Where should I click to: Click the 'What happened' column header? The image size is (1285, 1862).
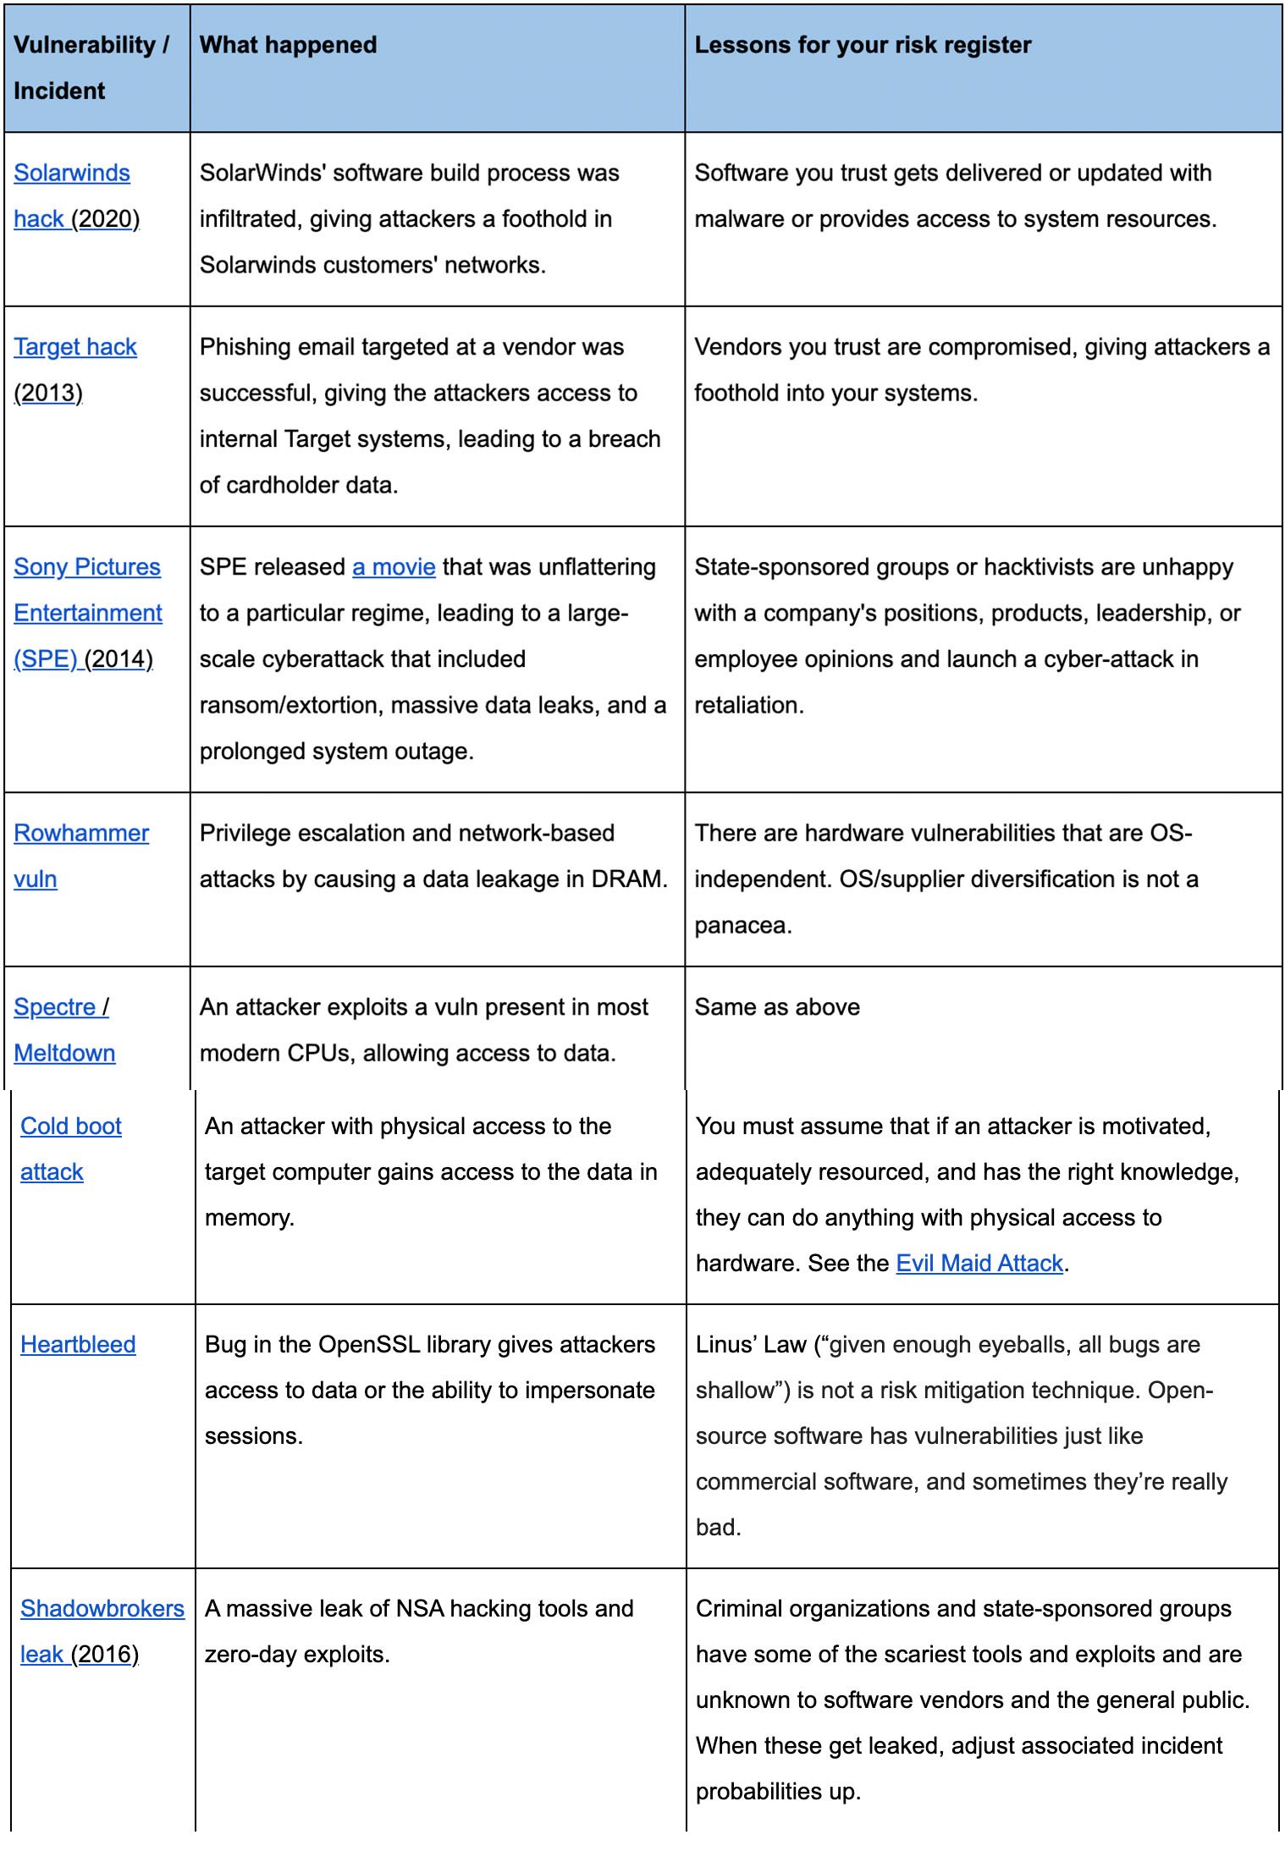288,45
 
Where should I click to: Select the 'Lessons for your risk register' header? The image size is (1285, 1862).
862,45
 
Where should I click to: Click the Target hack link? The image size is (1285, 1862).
75,347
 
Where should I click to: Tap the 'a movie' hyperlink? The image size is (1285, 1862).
394,567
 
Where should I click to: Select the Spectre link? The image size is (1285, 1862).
55,1007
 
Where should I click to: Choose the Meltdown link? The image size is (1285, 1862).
64,1053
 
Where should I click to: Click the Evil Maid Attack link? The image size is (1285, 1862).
979,1264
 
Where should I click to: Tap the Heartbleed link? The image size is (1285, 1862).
78,1345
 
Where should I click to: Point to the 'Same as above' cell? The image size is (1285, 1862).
776,1007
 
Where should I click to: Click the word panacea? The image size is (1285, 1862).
742,926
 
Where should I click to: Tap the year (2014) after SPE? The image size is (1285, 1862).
119,659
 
